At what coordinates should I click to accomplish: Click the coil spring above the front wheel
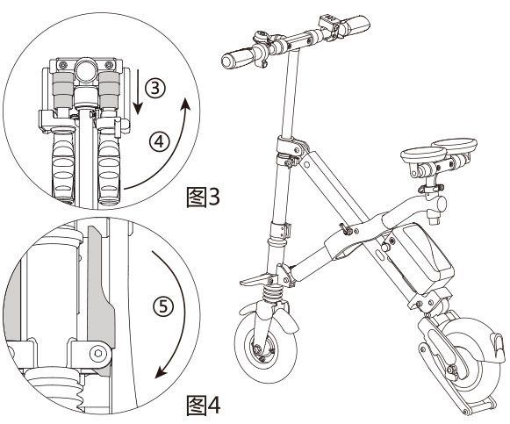click(275, 285)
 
